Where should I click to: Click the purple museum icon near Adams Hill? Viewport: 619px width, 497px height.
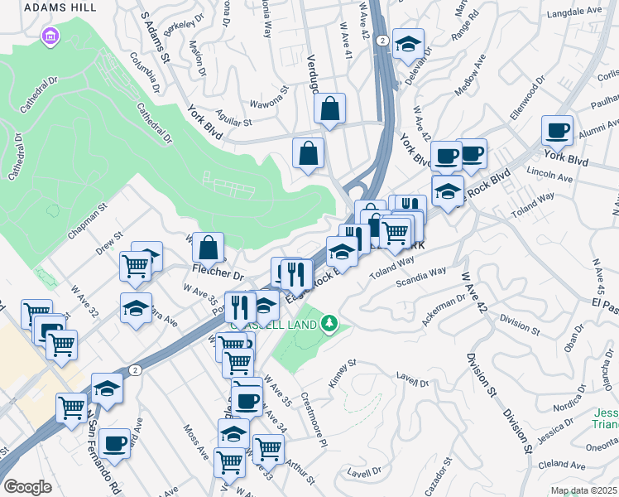[x=50, y=36]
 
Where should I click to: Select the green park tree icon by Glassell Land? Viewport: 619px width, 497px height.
[x=330, y=322]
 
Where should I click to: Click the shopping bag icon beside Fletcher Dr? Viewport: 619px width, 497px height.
[x=209, y=246]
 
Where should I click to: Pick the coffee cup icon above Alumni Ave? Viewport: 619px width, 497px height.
[x=557, y=130]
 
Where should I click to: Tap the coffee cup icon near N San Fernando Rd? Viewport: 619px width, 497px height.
[x=114, y=443]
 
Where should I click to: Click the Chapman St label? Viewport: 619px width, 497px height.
[x=87, y=223]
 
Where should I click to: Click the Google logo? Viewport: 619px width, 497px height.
[x=27, y=486]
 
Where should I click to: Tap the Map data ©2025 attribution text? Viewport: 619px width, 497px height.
[x=583, y=490]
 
